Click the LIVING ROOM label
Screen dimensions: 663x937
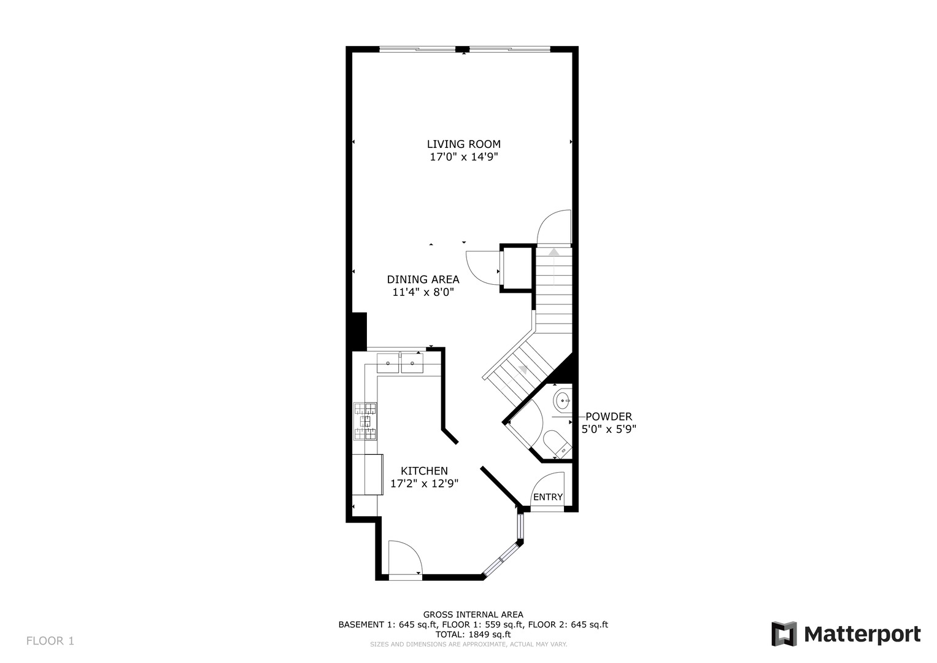click(463, 144)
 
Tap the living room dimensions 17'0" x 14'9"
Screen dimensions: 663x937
click(463, 157)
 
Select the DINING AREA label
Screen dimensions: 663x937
click(423, 279)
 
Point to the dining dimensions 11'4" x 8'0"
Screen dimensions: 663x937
click(423, 293)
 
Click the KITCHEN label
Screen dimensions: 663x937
click(424, 471)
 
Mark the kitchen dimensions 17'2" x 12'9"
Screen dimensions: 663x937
click(424, 484)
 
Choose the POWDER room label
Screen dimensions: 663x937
click(608, 417)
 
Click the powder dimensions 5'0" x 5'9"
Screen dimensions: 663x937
click(608, 430)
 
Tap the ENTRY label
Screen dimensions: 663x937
click(547, 497)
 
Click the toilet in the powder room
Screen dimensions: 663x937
click(556, 443)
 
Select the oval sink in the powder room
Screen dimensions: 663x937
click(561, 401)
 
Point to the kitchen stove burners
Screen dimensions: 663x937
click(366, 421)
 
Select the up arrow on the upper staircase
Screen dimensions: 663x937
click(554, 252)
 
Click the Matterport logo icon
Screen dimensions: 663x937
click(784, 634)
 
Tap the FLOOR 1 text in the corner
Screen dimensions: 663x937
click(50, 641)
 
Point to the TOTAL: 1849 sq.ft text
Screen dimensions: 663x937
click(472, 634)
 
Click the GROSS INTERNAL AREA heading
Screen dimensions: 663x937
click(472, 615)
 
